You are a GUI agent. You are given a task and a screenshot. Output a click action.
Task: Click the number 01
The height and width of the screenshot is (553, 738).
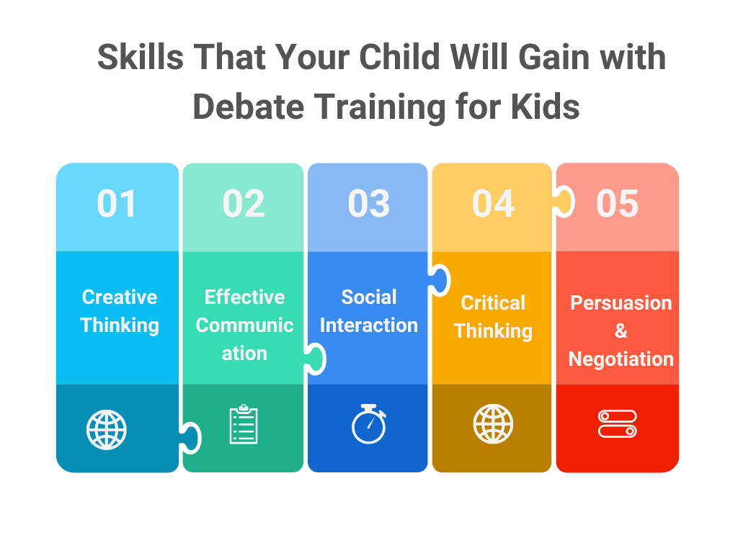[117, 204]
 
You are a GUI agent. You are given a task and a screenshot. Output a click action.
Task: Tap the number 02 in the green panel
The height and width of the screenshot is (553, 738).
[244, 204]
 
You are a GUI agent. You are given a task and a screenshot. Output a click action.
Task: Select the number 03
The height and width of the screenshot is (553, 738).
[368, 204]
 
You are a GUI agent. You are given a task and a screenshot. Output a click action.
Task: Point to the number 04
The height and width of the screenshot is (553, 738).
[493, 204]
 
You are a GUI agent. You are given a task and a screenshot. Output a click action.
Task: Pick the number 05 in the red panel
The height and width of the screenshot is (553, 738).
[618, 204]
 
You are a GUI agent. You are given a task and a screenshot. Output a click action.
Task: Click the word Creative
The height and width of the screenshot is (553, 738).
[120, 297]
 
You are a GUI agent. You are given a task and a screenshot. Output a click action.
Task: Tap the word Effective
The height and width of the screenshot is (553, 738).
[244, 297]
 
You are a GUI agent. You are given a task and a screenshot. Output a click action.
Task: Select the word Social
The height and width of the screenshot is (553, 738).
[369, 297]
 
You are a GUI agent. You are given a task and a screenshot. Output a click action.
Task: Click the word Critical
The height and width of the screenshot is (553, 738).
[493, 302]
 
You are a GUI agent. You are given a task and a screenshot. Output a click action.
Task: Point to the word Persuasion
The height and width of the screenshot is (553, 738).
[621, 302]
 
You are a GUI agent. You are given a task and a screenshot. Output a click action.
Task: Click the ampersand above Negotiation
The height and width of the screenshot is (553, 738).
[621, 331]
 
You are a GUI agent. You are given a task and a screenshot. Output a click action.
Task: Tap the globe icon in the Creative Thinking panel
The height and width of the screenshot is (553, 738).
[106, 430]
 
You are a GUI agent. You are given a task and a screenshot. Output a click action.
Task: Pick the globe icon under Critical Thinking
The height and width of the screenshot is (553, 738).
[493, 424]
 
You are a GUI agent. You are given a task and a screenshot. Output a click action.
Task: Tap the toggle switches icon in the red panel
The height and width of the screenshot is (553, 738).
[618, 424]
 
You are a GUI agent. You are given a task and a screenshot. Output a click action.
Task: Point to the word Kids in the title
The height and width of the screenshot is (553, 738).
[546, 107]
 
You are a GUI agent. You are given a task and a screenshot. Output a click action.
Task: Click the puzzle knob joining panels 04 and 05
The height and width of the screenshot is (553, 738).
[563, 202]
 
